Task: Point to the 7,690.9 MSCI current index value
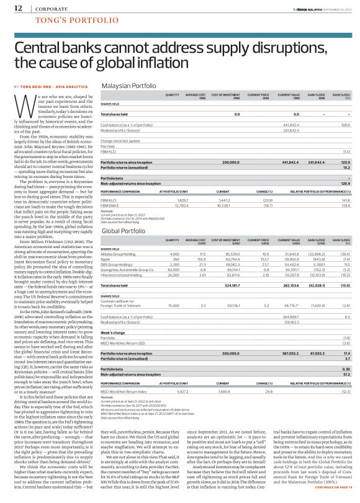(223, 374)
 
